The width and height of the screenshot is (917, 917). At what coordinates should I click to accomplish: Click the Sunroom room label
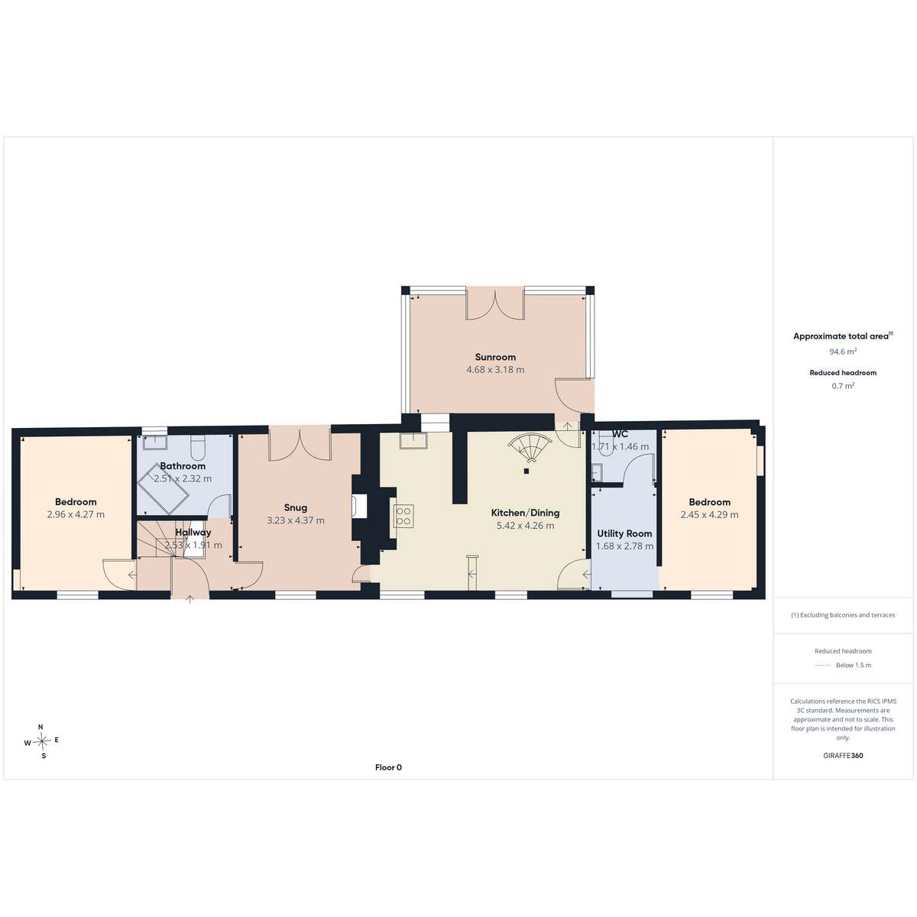tap(495, 357)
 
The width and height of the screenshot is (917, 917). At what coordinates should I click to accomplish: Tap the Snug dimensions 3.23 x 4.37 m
tap(296, 520)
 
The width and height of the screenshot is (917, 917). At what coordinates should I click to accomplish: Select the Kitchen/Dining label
tap(525, 513)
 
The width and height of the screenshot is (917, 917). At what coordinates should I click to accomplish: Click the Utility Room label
tap(624, 533)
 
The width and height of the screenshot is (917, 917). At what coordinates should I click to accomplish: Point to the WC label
tap(620, 434)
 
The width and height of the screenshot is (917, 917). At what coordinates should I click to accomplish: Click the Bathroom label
tap(183, 466)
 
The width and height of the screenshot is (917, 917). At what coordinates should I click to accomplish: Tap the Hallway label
tap(193, 533)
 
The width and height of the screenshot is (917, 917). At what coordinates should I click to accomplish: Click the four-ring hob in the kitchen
tap(403, 516)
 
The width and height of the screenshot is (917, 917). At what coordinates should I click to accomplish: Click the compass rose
tap(42, 741)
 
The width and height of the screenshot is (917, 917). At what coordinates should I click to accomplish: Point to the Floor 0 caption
tap(388, 767)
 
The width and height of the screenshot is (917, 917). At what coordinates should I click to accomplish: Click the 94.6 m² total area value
tap(843, 352)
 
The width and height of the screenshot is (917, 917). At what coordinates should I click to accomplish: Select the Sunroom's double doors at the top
tap(495, 303)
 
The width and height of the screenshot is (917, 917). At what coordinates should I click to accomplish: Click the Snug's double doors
tap(300, 444)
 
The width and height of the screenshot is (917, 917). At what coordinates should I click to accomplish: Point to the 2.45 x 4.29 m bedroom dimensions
tap(709, 514)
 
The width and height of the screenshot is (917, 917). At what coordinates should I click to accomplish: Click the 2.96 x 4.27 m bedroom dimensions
tap(76, 514)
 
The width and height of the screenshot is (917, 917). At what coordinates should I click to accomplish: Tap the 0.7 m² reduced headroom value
tap(843, 386)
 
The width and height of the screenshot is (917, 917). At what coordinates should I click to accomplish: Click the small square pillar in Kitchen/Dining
tap(526, 471)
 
